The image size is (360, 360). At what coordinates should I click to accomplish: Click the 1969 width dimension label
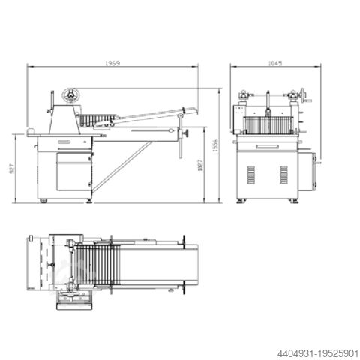point(112,62)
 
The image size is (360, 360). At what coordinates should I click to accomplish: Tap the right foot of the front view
point(295,201)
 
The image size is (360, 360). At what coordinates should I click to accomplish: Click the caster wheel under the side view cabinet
point(43,200)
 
